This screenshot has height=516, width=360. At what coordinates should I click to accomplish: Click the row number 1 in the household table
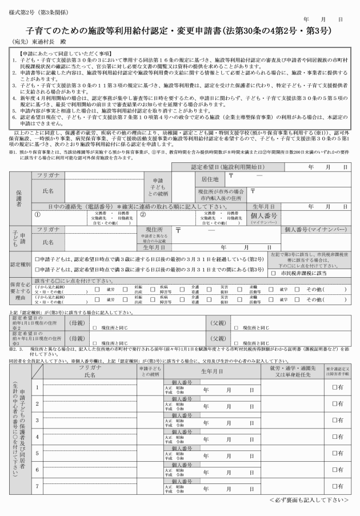coord(38,371)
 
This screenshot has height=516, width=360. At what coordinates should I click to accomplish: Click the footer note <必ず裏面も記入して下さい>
coord(309,501)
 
